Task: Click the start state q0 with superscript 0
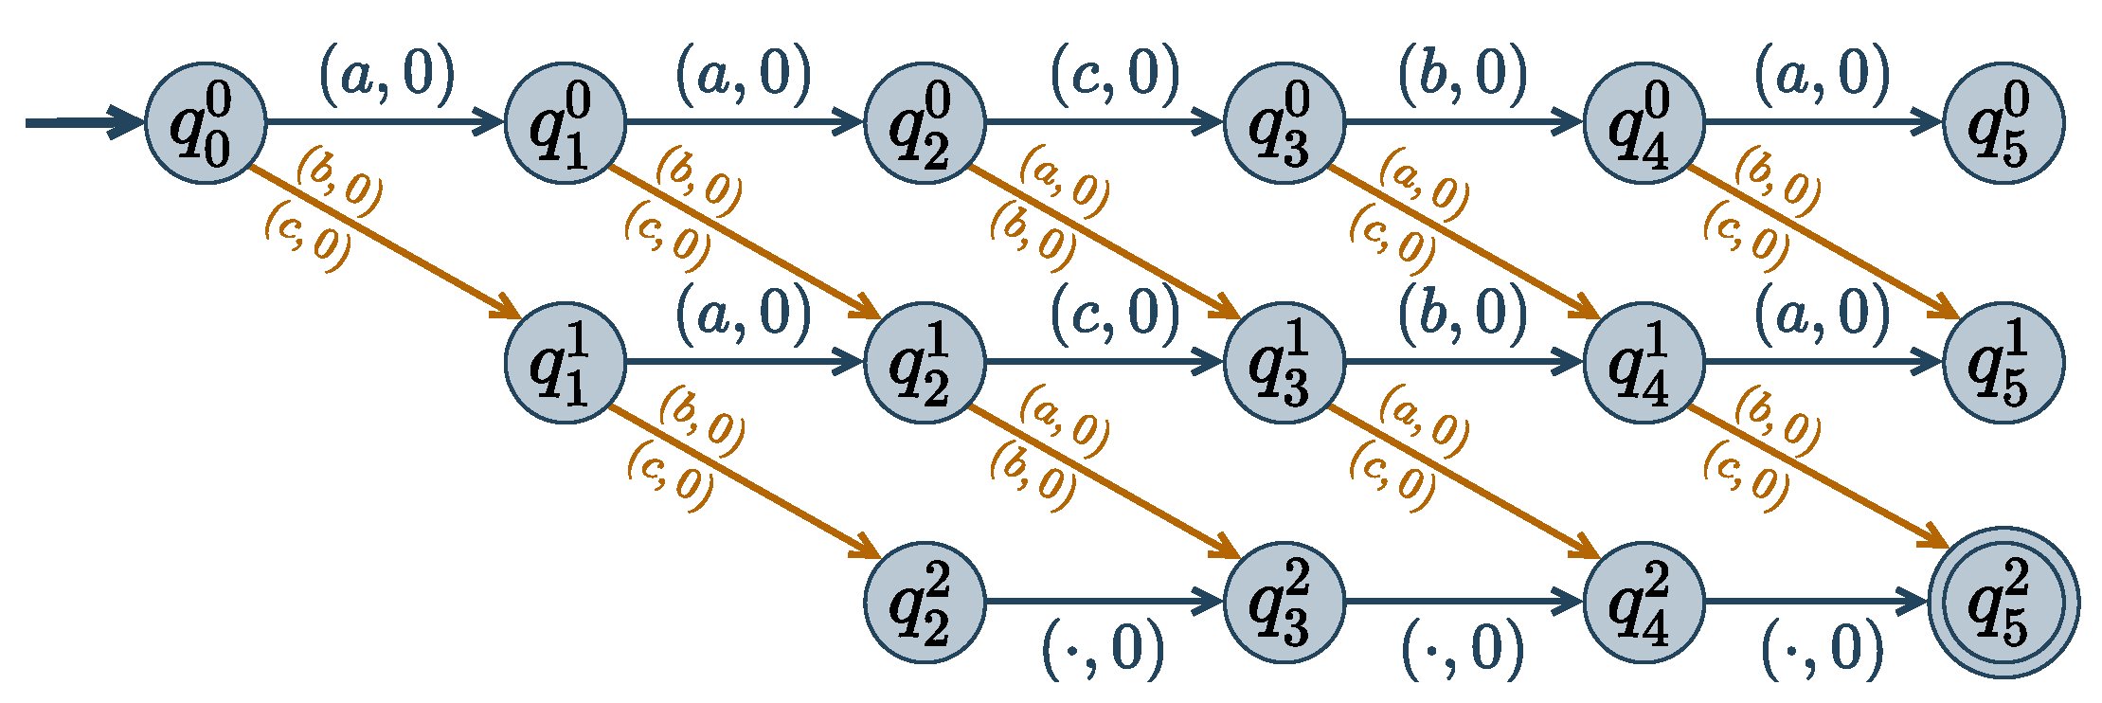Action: pyautogui.click(x=206, y=123)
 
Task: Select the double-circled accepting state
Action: pyautogui.click(x=2003, y=602)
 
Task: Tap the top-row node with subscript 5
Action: pyautogui.click(x=2003, y=123)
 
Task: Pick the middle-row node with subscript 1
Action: pyautogui.click(x=566, y=362)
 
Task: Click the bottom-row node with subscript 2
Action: pyautogui.click(x=925, y=602)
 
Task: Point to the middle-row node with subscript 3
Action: pyautogui.click(x=1285, y=362)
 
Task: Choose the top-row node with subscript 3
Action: pyautogui.click(x=1285, y=123)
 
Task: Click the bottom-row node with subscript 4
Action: pyautogui.click(x=1644, y=602)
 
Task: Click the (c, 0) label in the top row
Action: pyautogui.click(x=1115, y=74)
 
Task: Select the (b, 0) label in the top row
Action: pyautogui.click(x=1463, y=74)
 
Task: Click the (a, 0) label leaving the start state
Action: pyautogui.click(x=386, y=74)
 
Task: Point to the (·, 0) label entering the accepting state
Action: pyautogui.click(x=1822, y=650)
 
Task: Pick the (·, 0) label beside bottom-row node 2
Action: pyautogui.click(x=1104, y=650)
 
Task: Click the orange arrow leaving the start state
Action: pyautogui.click(x=384, y=242)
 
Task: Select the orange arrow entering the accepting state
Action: pyautogui.click(x=1819, y=478)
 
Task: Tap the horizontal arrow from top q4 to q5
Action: pyautogui.click(x=1824, y=123)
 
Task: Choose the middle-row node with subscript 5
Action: pyautogui.click(x=2003, y=362)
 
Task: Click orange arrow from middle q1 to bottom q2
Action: pyautogui.click(x=744, y=480)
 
